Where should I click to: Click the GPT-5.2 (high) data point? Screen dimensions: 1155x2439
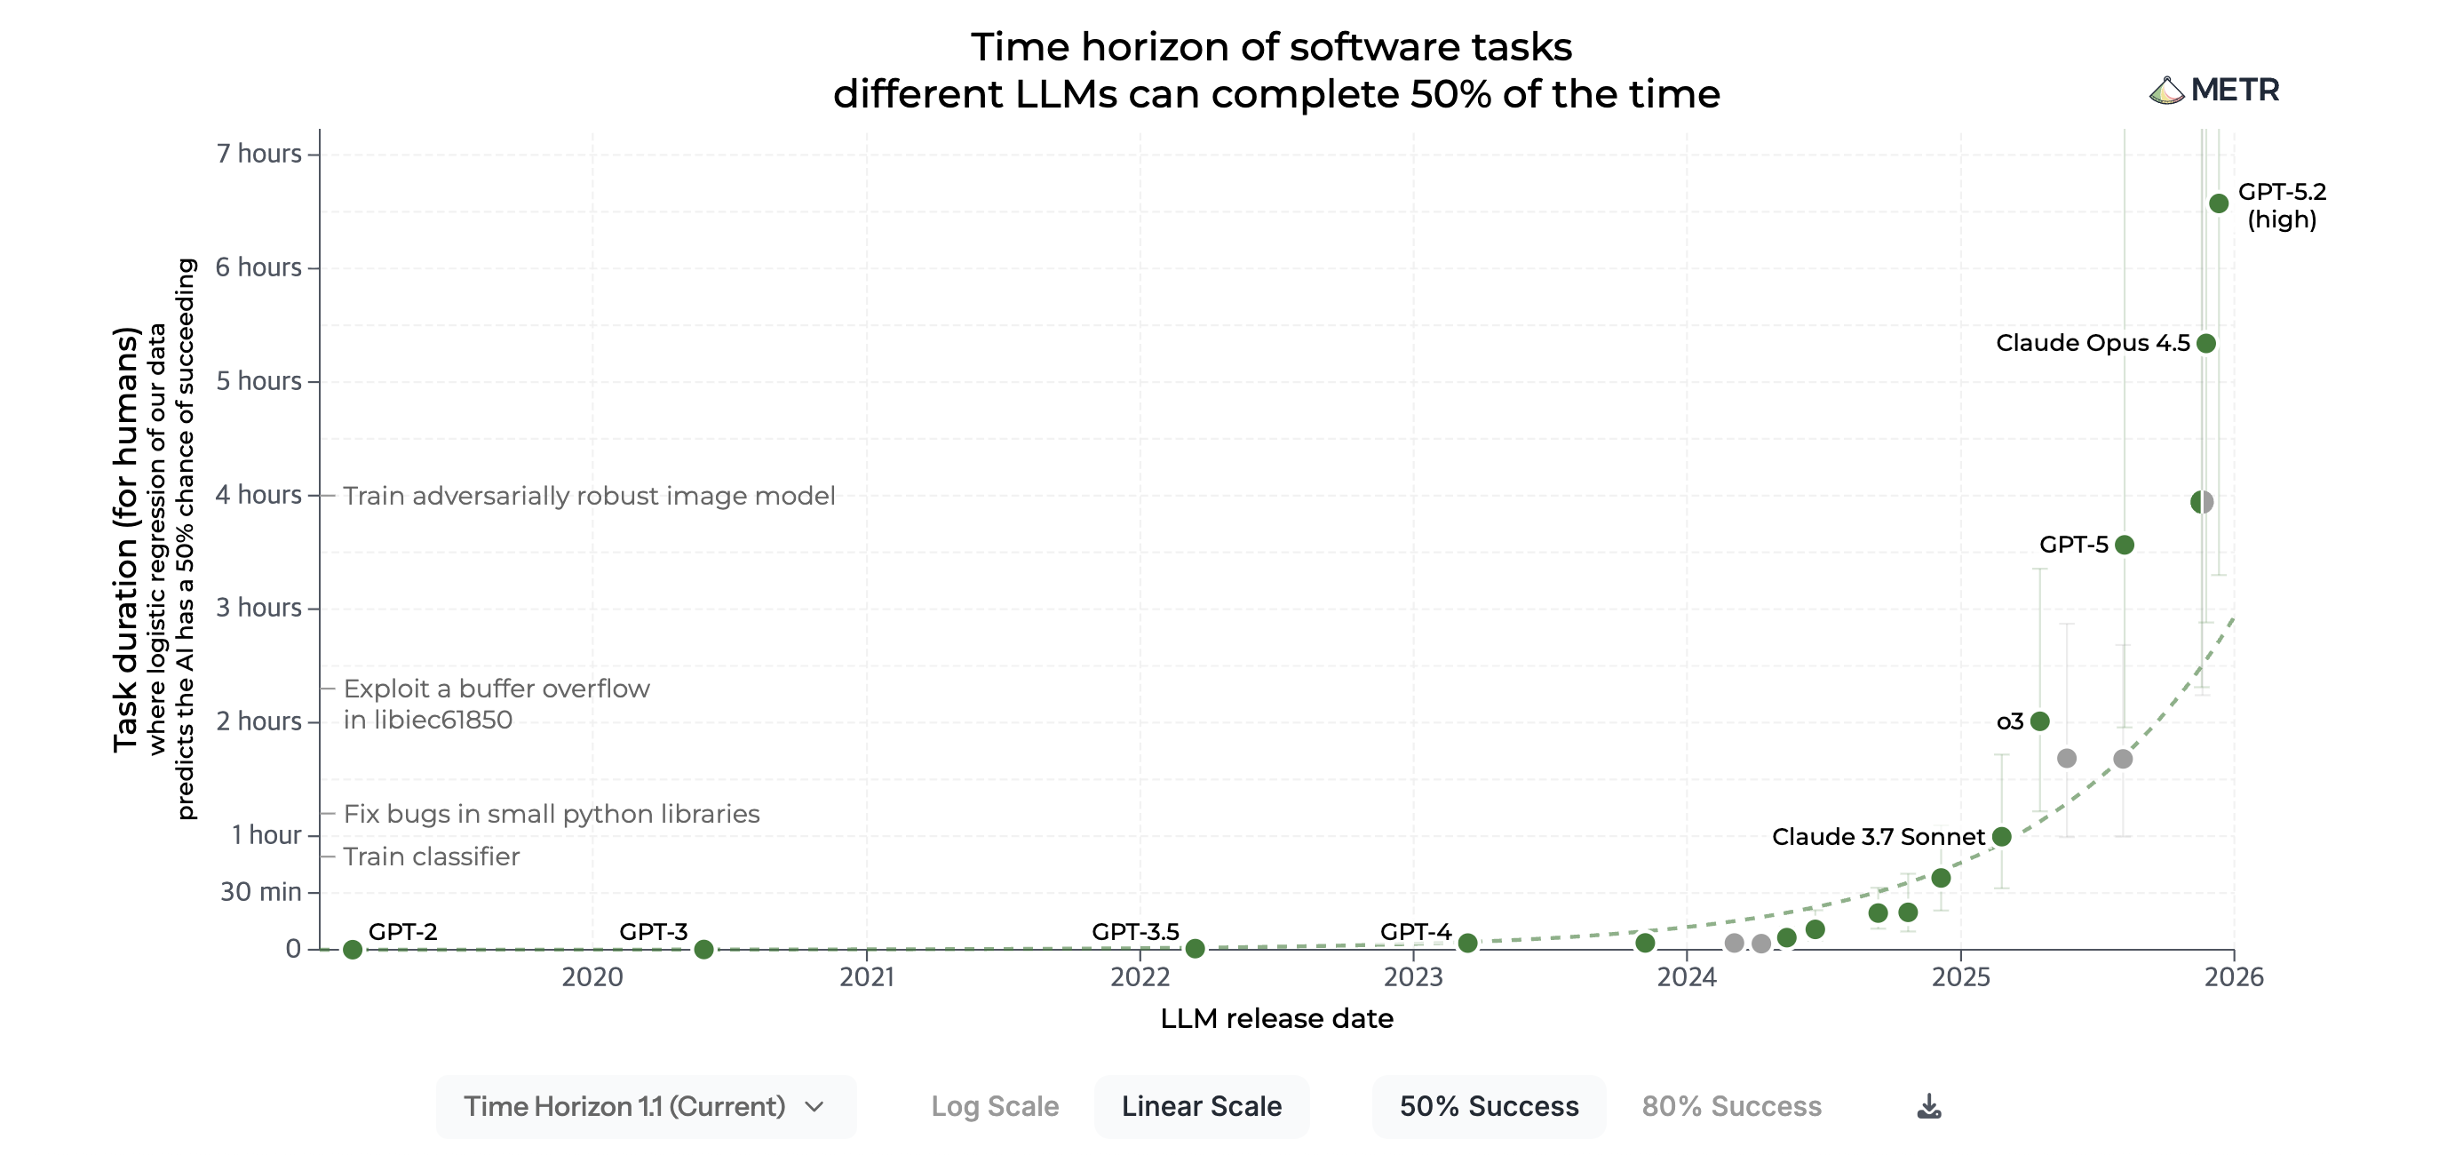pos(2218,203)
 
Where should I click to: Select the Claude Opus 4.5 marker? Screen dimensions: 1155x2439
pos(2205,343)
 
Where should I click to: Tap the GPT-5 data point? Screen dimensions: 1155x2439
pos(2124,545)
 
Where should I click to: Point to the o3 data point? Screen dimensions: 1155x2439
pos(2039,721)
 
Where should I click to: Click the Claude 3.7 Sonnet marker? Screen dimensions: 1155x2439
pos(2000,836)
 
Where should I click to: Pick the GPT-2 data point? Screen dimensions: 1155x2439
pos(353,949)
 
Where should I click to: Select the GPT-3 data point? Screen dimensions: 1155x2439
pos(703,949)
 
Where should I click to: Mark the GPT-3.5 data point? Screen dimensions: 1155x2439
pos(1195,948)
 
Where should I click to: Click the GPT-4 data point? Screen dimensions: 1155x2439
pos(1466,943)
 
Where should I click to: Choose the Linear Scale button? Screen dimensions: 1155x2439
pos(1201,1106)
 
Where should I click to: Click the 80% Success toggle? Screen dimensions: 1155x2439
pos(1731,1106)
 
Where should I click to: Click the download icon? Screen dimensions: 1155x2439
pos(1928,1106)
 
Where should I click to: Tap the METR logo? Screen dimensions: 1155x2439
pos(2213,90)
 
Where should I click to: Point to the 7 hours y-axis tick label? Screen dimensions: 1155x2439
pos(258,154)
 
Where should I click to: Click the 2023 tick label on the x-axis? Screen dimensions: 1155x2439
pos(1412,976)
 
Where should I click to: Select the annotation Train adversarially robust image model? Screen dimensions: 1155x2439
pos(588,495)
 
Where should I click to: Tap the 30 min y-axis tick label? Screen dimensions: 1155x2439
pos(260,892)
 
